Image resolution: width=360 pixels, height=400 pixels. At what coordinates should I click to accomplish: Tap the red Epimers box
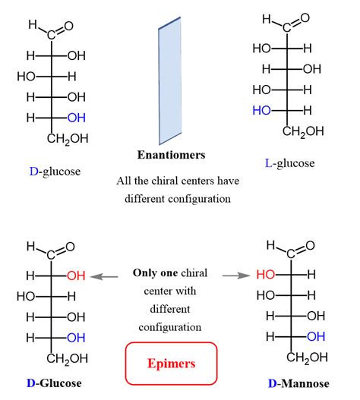pyautogui.click(x=170, y=363)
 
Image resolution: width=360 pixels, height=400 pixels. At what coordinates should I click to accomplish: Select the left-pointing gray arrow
pyautogui.click(x=105, y=277)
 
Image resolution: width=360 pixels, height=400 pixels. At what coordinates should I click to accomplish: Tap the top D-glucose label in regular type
pyautogui.click(x=55, y=172)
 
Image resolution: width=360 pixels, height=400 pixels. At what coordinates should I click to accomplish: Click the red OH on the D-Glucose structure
pyautogui.click(x=76, y=276)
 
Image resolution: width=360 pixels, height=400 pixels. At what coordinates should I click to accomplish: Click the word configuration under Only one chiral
pyautogui.click(x=172, y=327)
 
